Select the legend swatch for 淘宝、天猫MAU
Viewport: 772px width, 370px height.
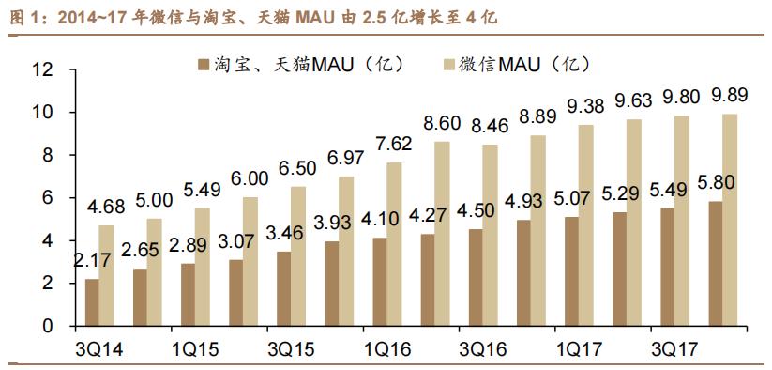[x=199, y=65]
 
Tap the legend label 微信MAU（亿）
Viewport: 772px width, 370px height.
[x=524, y=65]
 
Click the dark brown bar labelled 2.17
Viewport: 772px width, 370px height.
[x=92, y=302]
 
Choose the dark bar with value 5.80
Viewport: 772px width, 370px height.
[x=715, y=264]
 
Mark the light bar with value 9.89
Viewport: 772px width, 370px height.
[x=730, y=220]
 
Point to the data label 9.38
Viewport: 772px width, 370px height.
[x=583, y=105]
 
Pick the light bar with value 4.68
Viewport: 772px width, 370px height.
[x=107, y=275]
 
